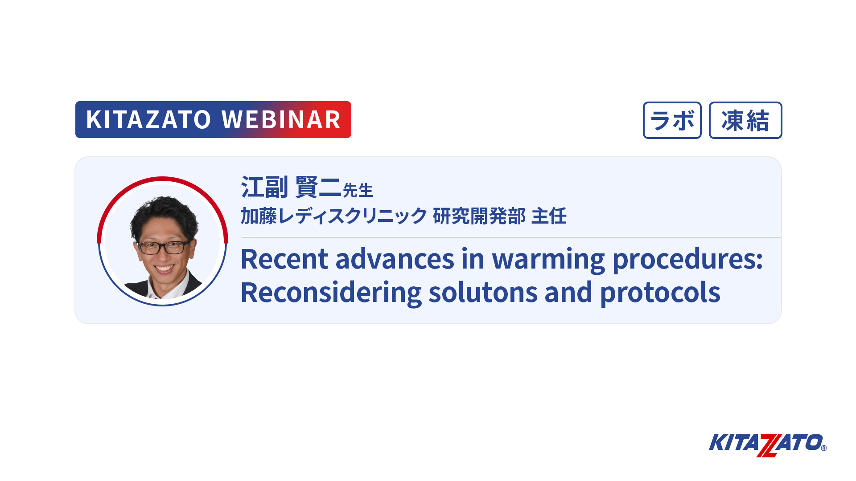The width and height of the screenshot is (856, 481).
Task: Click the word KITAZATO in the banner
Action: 148,120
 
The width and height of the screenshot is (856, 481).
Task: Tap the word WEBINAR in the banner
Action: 281,120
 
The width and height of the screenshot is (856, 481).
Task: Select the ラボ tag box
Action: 672,120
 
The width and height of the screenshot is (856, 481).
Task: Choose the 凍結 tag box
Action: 745,120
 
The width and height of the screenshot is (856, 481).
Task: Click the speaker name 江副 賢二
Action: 291,187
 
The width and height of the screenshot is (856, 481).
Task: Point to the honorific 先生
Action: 358,191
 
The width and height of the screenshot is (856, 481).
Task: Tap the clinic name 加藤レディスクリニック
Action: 334,216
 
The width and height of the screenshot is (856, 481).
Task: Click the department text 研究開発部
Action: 479,216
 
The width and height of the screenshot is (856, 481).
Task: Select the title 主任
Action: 549,216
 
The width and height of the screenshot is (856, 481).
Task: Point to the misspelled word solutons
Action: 483,293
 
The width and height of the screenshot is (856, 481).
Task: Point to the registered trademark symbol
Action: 823,448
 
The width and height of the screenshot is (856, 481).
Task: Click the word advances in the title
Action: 395,259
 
